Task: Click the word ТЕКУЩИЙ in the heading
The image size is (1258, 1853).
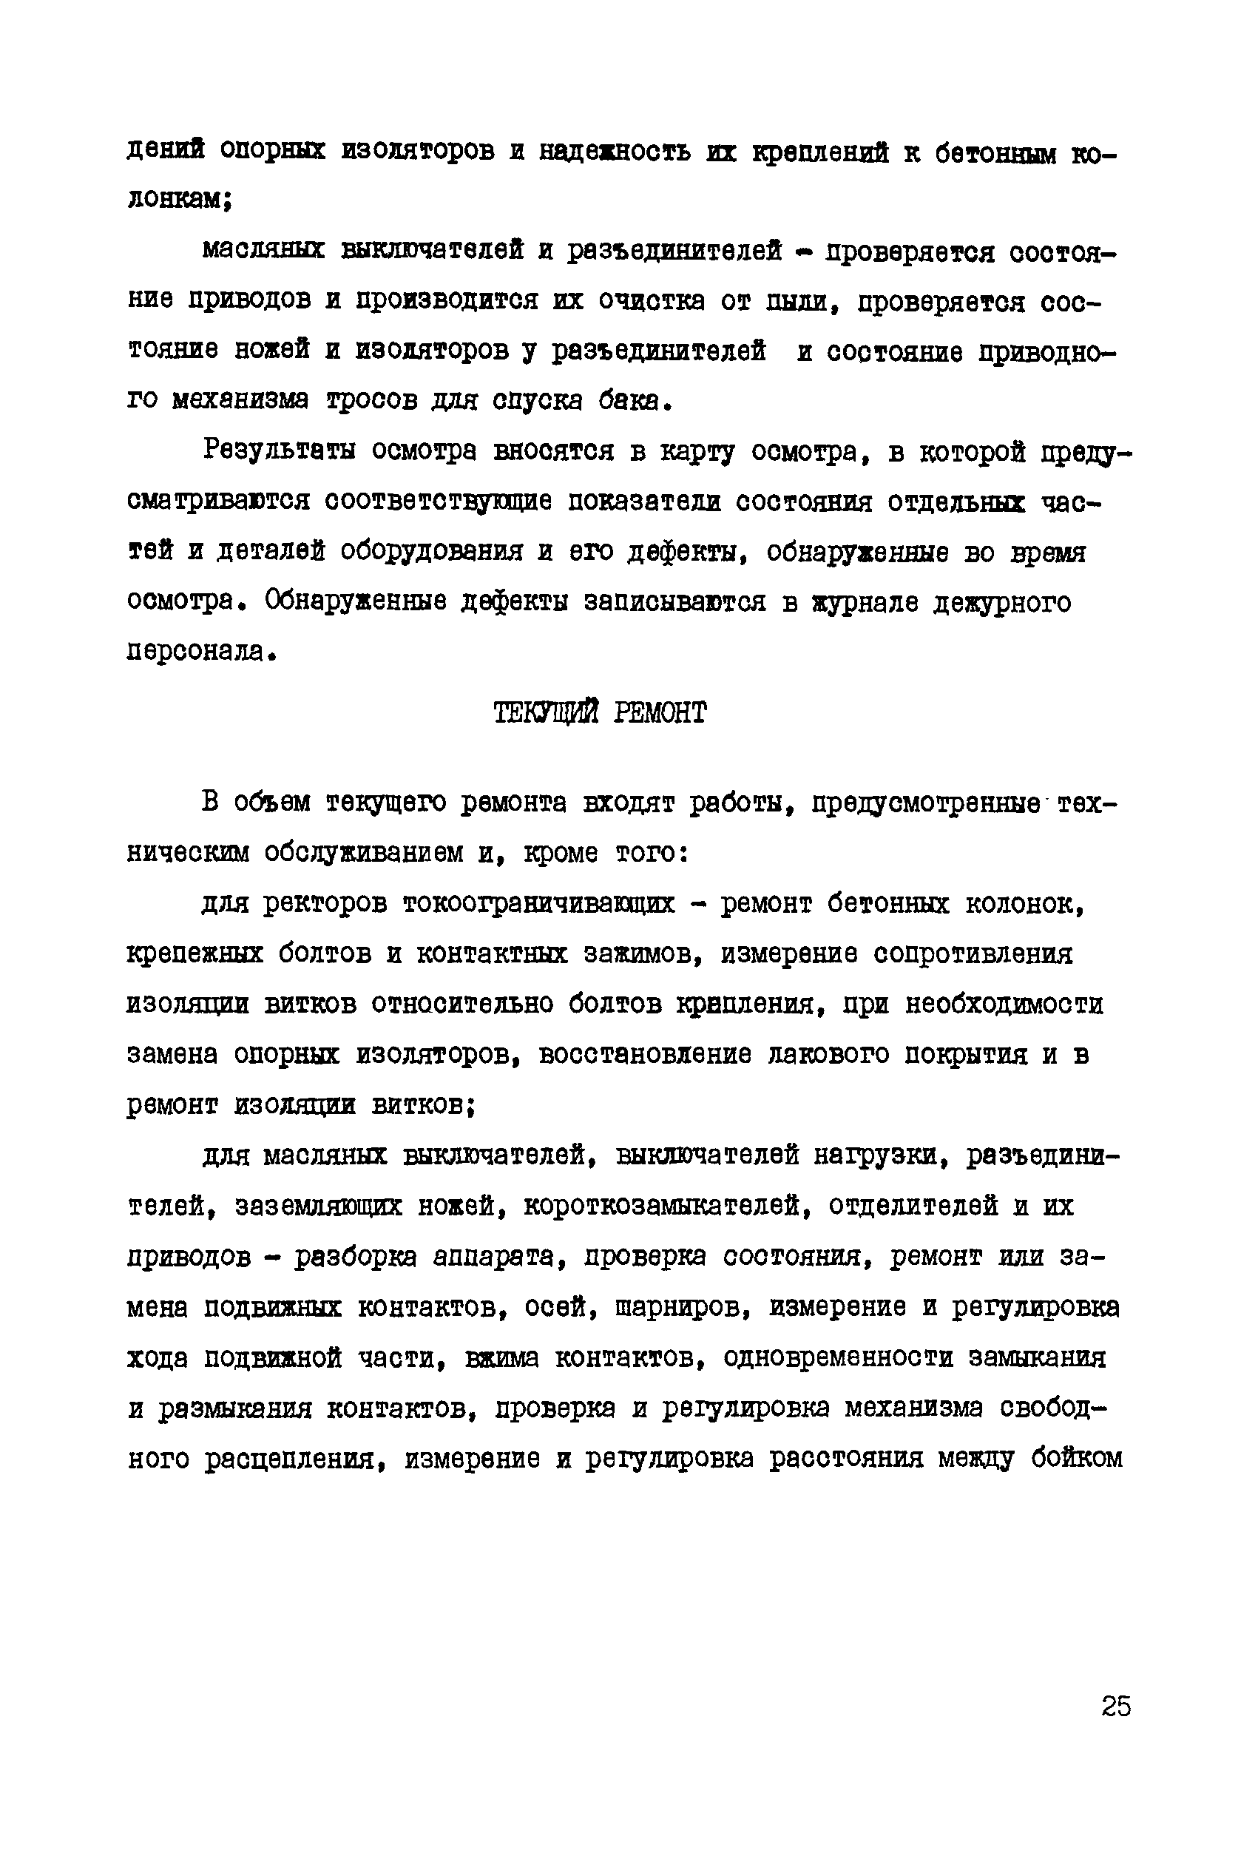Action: pos(546,712)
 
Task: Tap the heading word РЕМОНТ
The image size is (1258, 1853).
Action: pos(660,712)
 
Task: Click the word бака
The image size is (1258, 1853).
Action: pos(634,401)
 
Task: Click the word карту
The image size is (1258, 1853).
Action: pos(697,451)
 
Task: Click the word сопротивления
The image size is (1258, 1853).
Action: pos(973,954)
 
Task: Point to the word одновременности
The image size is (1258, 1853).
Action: pos(838,1357)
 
